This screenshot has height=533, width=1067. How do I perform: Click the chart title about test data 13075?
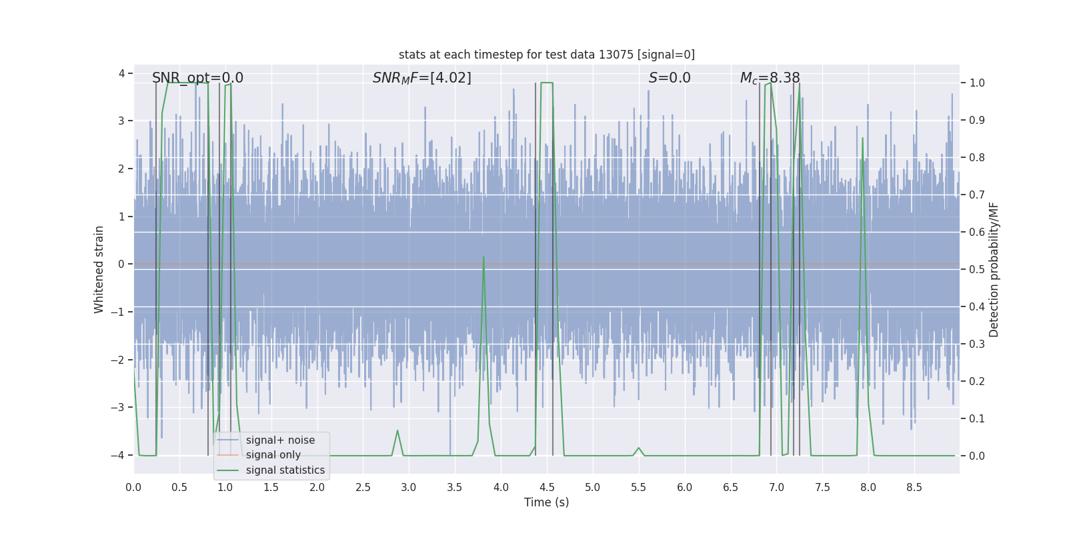[x=546, y=55]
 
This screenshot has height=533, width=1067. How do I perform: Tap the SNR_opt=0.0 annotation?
[x=197, y=78]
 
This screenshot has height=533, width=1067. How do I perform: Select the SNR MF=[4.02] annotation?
[x=421, y=78]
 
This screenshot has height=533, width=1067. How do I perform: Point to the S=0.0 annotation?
[x=670, y=78]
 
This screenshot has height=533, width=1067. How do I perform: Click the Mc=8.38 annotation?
[x=770, y=78]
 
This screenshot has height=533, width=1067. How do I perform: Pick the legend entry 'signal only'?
[x=273, y=455]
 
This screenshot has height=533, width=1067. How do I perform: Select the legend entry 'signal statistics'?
[x=285, y=470]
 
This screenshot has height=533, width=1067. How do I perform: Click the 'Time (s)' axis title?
[x=546, y=502]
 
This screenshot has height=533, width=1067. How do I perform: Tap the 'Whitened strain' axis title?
[x=99, y=269]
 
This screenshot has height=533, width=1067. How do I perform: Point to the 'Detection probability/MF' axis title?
[x=994, y=269]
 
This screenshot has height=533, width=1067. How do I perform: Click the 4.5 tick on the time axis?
[x=547, y=487]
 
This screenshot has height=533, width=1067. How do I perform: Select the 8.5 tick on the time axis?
[x=914, y=487]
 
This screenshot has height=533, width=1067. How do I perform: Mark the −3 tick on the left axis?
[x=121, y=407]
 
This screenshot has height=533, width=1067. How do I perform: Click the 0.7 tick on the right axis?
[x=977, y=195]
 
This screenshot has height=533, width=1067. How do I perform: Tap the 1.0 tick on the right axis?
[x=977, y=83]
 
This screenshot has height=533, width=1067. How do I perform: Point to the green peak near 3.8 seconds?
[x=483, y=257]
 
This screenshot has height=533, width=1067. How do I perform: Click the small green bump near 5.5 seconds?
[x=638, y=448]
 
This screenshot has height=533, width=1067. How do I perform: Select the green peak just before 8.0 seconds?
[x=862, y=139]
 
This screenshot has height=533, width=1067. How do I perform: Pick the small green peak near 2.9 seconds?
[x=397, y=430]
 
